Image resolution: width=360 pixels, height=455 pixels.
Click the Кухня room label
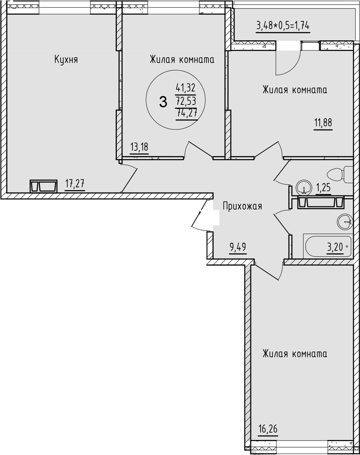click(66, 59)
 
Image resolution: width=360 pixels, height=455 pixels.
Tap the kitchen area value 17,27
click(75, 183)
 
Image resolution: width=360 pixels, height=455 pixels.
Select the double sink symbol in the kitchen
click(43, 186)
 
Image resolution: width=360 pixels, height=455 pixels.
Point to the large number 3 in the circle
click(163, 101)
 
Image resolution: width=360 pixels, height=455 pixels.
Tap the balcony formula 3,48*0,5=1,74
click(283, 25)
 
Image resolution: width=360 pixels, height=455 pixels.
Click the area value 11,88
click(322, 122)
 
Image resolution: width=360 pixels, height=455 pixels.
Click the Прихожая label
click(242, 206)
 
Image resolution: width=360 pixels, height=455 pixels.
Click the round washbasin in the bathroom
click(345, 221)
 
